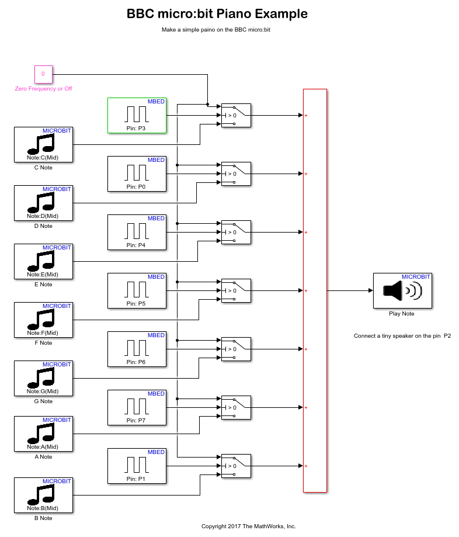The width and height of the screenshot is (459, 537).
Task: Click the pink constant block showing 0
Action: (x=43, y=75)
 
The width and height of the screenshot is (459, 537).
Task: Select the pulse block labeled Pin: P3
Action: (x=137, y=115)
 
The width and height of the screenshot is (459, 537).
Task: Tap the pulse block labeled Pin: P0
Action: (x=137, y=174)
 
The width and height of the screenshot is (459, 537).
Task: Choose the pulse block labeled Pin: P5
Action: (x=137, y=290)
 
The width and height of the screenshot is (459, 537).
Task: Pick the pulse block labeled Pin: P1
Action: (x=137, y=466)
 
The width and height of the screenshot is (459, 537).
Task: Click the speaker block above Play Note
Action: (x=402, y=290)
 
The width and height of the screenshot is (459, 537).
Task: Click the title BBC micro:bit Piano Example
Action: (x=217, y=14)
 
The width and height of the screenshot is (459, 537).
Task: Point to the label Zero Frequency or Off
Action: (x=43, y=89)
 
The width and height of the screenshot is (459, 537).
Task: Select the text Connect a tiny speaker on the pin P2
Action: (x=402, y=336)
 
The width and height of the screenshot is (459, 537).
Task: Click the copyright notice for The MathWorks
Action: (x=249, y=526)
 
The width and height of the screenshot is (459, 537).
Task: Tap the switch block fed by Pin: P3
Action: (x=236, y=115)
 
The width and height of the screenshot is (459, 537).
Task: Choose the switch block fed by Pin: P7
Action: (x=236, y=407)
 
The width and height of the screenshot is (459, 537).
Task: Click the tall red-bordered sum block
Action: (x=315, y=290)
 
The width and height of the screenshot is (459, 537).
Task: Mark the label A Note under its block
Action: (x=43, y=457)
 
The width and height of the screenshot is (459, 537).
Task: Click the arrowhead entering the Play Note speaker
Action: (x=370, y=290)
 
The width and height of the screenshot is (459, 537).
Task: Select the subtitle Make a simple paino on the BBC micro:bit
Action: (x=216, y=29)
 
